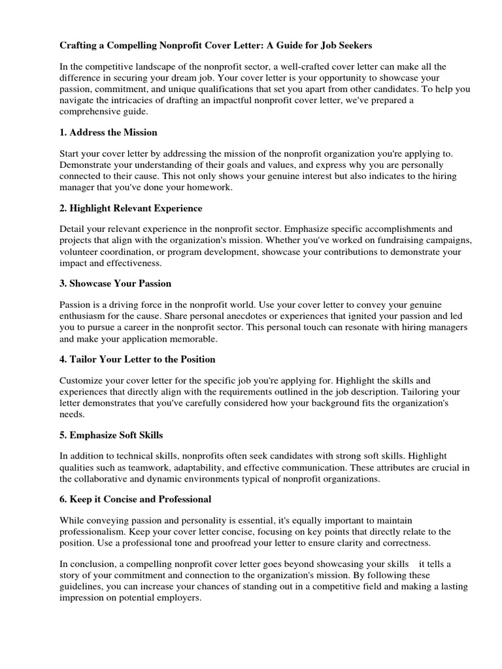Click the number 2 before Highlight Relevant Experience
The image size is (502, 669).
pyautogui.click(x=62, y=208)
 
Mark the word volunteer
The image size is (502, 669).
pyautogui.click(x=78, y=251)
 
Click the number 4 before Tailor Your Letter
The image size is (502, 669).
pyautogui.click(x=62, y=359)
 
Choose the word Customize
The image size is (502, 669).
pyautogui.click(x=82, y=380)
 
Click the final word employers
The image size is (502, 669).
pyautogui.click(x=178, y=597)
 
